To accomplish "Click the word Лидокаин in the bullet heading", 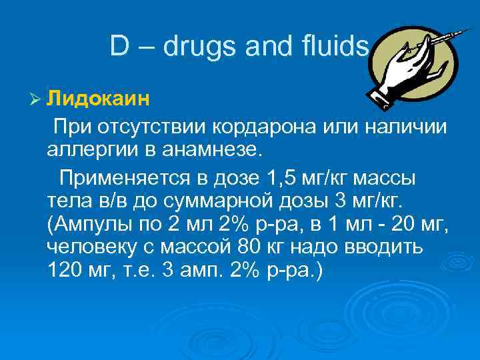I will pyautogui.click(x=98, y=100).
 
